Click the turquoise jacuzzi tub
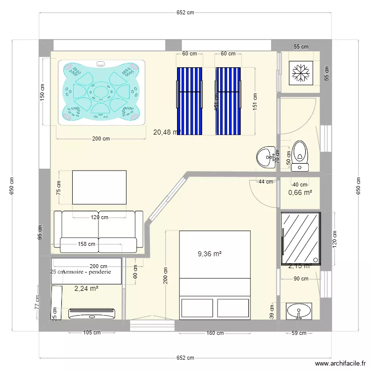coord(102,92)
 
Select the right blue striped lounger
coord(228,101)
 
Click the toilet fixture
coord(300,153)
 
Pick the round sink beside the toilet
coord(267,157)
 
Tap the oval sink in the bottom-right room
coord(299,312)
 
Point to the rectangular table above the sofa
coord(99,187)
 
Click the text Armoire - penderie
coord(87,272)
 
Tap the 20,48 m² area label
coord(167,132)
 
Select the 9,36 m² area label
coord(209,254)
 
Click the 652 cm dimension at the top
coord(185,13)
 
